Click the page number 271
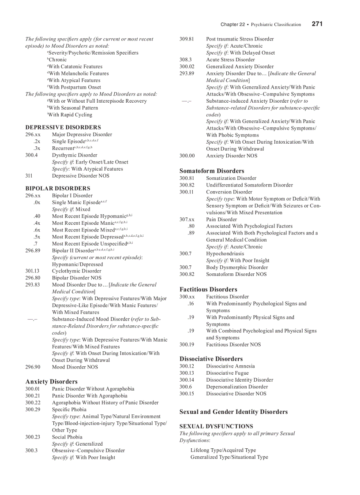317,24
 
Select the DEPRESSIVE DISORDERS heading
63,127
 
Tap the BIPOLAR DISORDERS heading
58,188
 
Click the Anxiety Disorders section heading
52,382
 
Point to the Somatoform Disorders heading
212,171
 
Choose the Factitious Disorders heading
208,290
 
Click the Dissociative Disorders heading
211,359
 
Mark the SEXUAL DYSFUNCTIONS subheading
216,426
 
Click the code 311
29,176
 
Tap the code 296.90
33,367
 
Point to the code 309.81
187,39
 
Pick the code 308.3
185,60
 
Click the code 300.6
185,387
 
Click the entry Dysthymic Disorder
75,155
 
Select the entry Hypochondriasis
225,253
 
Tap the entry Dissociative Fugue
227,373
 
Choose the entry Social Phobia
67,437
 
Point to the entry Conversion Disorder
229,192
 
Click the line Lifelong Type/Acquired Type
223,450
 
